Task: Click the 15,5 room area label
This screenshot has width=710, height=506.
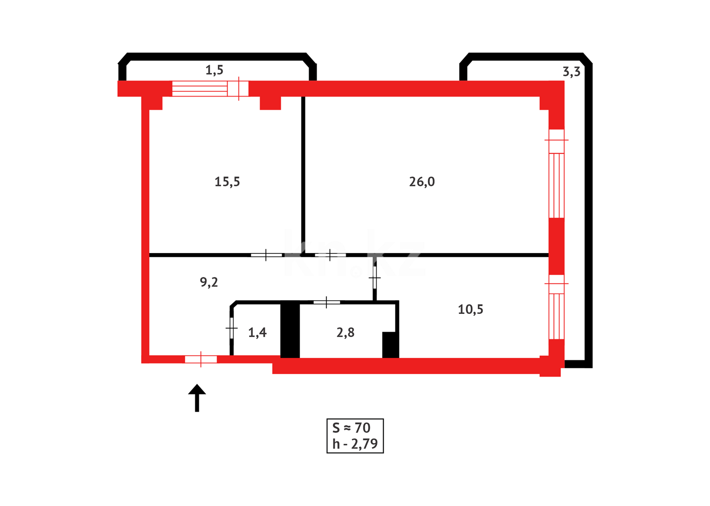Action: (227, 182)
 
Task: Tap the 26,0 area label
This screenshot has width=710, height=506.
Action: (422, 182)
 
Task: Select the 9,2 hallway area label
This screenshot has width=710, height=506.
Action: (209, 282)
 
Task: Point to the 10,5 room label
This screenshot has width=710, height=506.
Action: (470, 309)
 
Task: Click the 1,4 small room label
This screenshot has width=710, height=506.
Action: (257, 333)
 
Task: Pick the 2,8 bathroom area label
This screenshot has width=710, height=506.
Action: (345, 333)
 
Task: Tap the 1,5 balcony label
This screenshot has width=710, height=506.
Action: (214, 70)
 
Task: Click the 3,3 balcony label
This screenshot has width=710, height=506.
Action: (571, 72)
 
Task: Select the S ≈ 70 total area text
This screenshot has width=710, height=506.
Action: (351, 428)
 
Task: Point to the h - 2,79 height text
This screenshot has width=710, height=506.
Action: (355, 444)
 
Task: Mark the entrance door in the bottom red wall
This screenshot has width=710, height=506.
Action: (201, 359)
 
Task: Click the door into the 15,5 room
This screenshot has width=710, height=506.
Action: (266, 255)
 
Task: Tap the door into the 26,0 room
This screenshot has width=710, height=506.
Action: (330, 255)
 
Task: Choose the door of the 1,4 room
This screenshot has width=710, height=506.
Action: (231, 328)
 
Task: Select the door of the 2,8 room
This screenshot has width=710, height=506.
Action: (326, 302)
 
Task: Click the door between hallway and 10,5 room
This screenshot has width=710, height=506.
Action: (375, 278)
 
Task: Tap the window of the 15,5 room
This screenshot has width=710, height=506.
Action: (210, 88)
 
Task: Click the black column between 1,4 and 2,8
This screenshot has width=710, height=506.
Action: (290, 331)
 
